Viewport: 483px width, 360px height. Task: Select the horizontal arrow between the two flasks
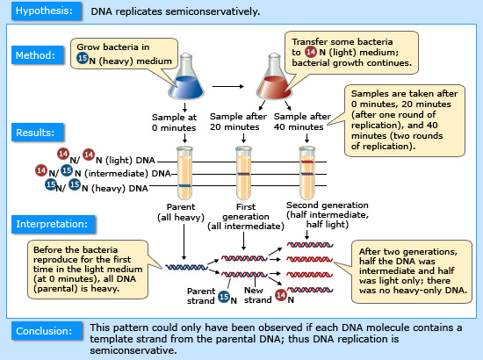coord(228,87)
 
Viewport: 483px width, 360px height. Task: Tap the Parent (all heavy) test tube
coord(184,173)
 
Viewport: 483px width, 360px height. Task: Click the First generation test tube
coord(243,173)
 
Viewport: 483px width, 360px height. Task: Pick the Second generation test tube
coord(307,173)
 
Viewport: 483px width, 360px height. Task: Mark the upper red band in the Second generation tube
coord(307,162)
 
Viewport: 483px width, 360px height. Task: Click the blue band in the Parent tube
coord(184,185)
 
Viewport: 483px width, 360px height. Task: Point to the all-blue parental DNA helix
coord(187,267)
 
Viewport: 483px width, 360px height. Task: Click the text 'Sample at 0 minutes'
coord(174,122)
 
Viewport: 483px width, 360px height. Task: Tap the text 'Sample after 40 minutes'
coord(302,122)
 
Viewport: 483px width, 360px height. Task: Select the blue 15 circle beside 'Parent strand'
coord(224,297)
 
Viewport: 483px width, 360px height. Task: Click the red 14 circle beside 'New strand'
coord(281,295)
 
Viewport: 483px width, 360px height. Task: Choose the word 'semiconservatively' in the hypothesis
coord(213,11)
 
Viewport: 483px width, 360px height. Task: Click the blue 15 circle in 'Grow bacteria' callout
coord(83,58)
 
